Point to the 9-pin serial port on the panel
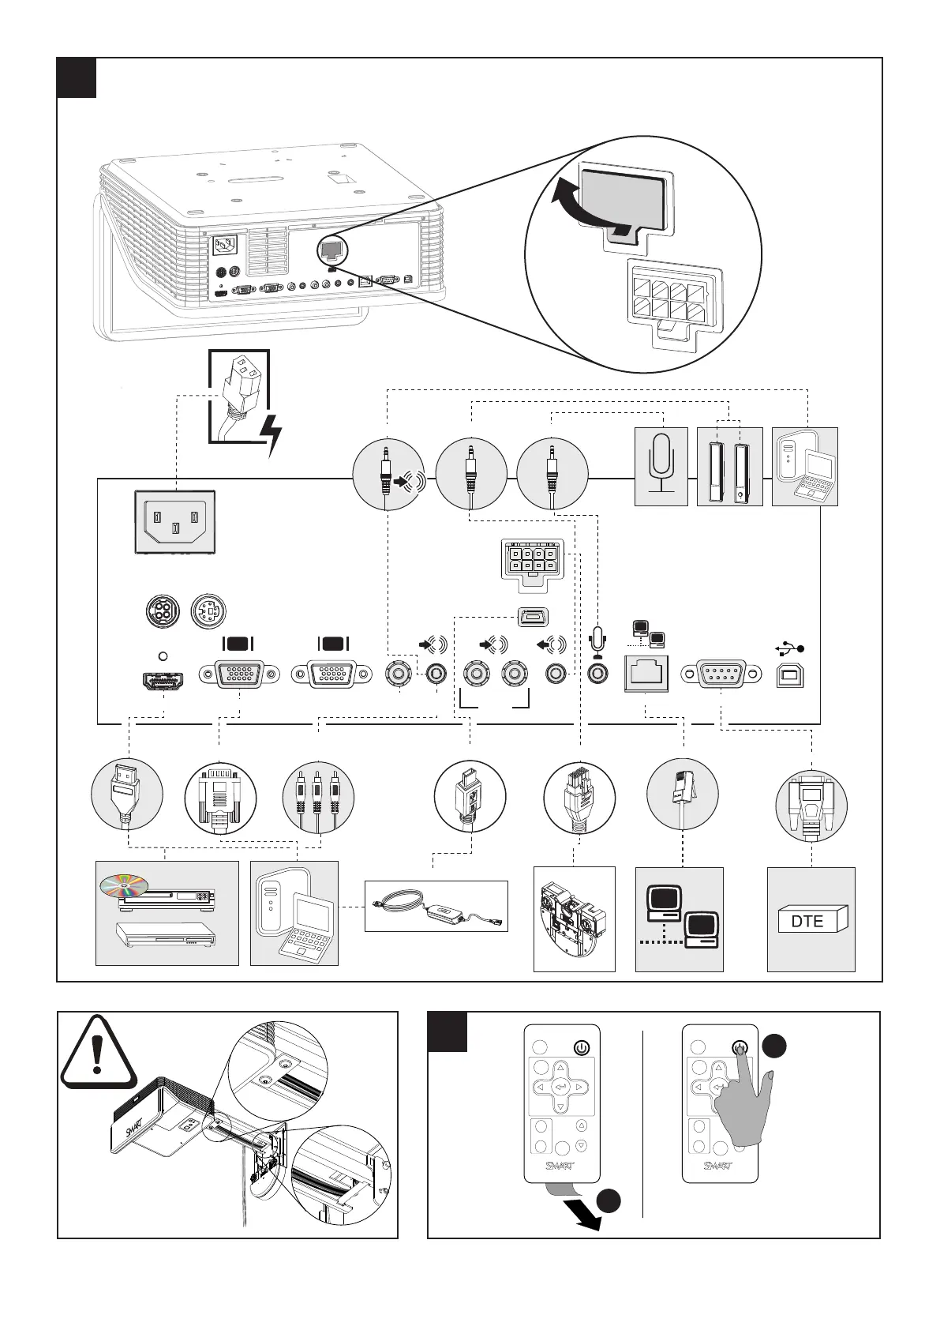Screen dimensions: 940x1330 click(x=722, y=674)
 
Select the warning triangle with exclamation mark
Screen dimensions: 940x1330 click(x=97, y=1050)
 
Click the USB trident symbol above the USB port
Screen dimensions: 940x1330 click(x=791, y=649)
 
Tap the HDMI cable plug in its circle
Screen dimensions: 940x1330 click(x=127, y=793)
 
